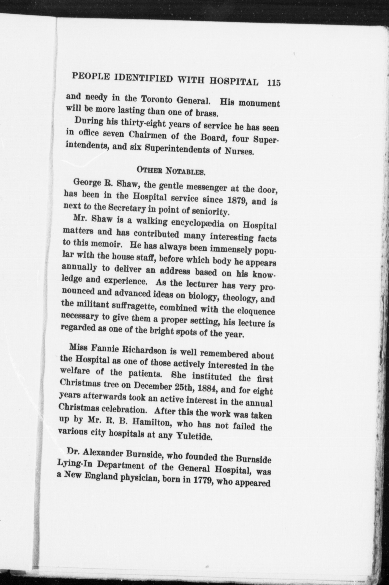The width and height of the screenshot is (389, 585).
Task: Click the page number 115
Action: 273,82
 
